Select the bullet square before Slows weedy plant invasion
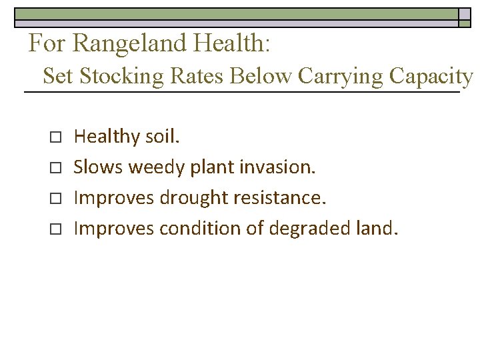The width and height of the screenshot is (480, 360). [55, 168]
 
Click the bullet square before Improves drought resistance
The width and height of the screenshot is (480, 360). [55, 199]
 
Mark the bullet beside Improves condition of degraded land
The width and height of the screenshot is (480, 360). [55, 229]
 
